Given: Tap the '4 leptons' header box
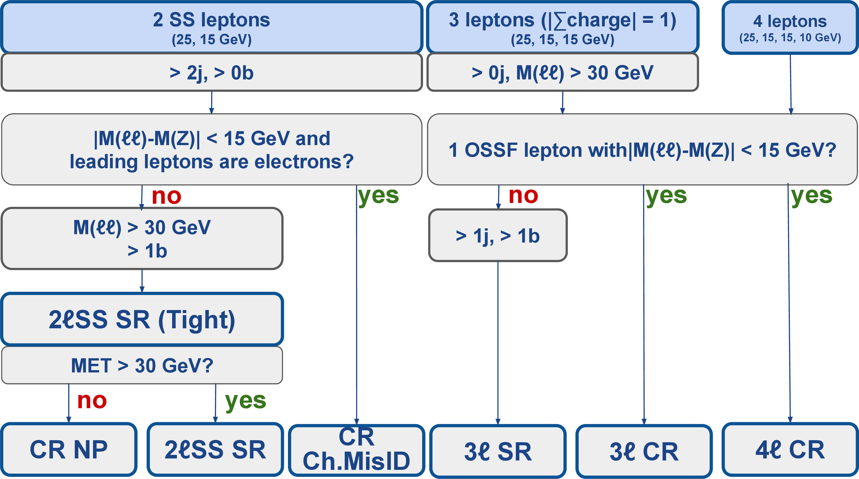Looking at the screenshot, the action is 790,28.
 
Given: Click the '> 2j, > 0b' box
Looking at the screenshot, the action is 212,72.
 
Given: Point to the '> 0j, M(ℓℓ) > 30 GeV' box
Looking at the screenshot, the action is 562,72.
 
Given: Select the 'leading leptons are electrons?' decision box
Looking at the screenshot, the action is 212,149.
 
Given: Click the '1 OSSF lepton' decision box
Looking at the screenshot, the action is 642,149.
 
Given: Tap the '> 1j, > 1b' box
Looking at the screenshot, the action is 498,235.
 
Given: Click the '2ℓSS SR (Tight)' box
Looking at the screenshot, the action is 142,319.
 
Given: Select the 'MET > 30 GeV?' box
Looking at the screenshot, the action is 142,365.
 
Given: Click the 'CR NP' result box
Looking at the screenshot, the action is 69,449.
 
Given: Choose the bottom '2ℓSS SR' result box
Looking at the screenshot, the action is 215,449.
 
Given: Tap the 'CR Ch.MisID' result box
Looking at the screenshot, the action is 356,450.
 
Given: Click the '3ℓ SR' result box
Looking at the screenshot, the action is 498,451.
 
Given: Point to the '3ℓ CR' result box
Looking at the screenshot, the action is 644,451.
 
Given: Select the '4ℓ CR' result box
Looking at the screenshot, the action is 790,450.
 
